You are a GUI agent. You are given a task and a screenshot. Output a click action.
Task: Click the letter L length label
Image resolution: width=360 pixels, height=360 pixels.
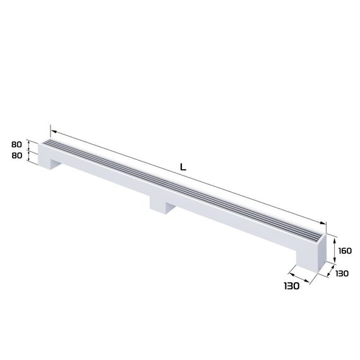183,168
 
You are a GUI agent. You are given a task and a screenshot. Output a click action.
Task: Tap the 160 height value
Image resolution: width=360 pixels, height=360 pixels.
345,250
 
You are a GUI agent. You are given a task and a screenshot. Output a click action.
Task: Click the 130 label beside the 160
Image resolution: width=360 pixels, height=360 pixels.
342,273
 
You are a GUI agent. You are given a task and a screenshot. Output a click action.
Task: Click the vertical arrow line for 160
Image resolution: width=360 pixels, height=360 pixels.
334,251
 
